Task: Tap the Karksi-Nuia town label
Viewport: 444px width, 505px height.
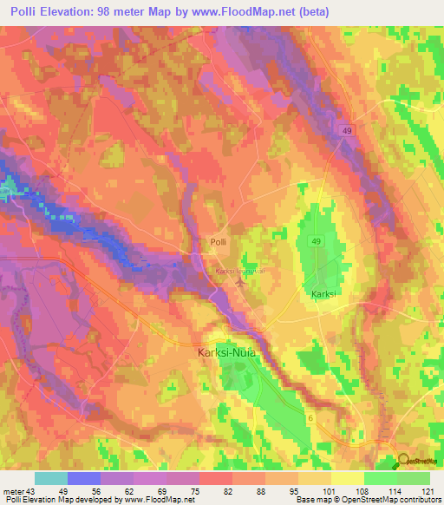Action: pyautogui.click(x=232, y=353)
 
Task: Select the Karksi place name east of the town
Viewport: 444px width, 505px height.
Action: pyautogui.click(x=323, y=295)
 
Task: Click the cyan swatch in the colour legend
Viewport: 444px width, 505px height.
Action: pyautogui.click(x=51, y=478)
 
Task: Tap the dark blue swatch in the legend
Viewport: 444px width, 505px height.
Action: pyautogui.click(x=84, y=478)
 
